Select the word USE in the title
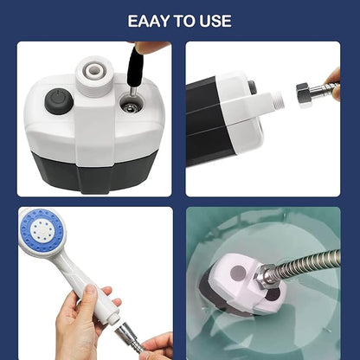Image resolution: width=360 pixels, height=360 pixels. [215, 20]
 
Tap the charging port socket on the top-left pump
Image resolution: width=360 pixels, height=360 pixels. [129, 107]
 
